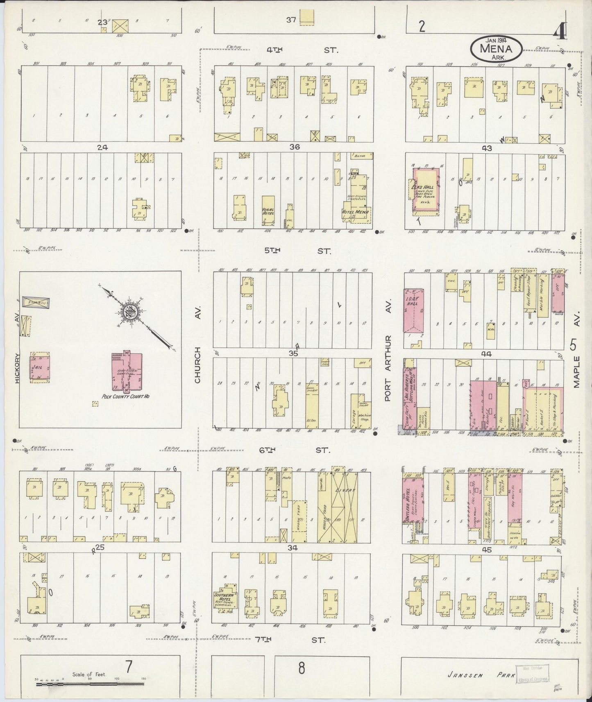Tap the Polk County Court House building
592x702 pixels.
pyautogui.click(x=127, y=371)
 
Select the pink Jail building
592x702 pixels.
pyautogui.click(x=39, y=367)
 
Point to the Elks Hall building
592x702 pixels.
pyautogui.click(x=429, y=190)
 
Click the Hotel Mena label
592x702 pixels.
pyautogui.click(x=355, y=212)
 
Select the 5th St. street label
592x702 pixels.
pyautogui.click(x=295, y=251)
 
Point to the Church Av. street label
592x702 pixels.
pyautogui.click(x=197, y=365)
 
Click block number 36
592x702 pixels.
pyautogui.click(x=293, y=147)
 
